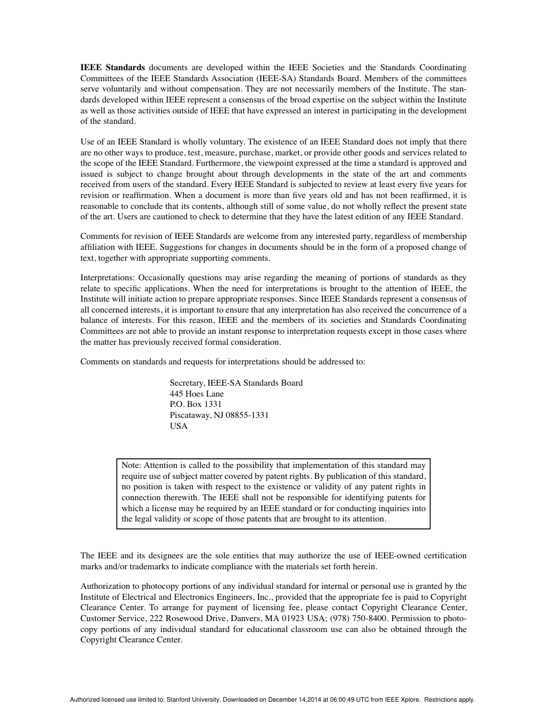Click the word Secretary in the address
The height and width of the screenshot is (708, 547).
coord(187,383)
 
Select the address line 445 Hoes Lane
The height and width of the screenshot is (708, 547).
coord(197,394)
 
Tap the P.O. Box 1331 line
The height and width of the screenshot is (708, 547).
coord(196,405)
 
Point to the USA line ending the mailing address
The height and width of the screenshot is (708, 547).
coord(178,427)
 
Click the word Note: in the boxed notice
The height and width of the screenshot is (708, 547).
coord(131,465)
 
